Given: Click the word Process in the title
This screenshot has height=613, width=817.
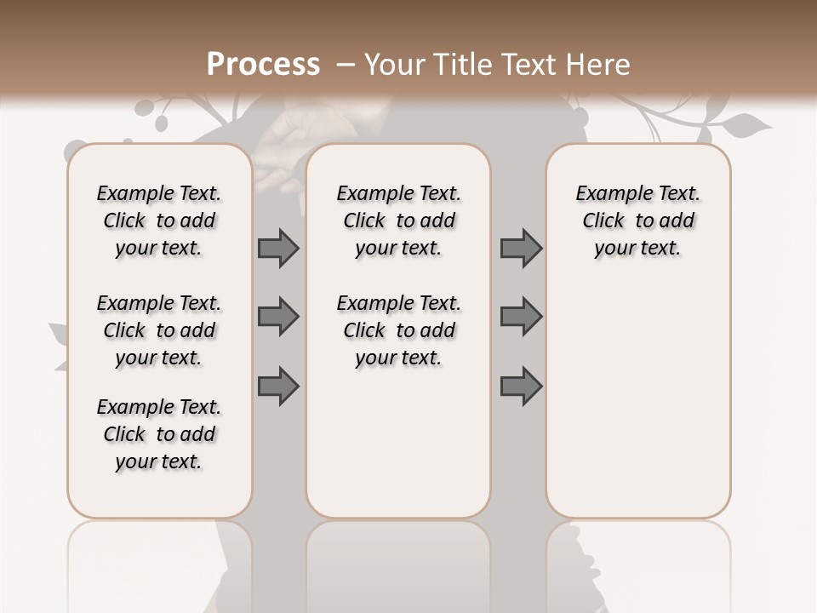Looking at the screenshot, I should (x=263, y=65).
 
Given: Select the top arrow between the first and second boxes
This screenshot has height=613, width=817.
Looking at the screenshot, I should (x=278, y=248).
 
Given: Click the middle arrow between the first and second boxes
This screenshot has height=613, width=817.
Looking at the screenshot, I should (x=278, y=317).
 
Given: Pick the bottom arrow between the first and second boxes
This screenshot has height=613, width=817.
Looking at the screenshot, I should (x=278, y=386).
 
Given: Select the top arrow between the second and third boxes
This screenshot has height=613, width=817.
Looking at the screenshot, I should (x=521, y=248).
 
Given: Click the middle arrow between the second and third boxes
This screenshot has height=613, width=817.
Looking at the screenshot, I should (x=521, y=317).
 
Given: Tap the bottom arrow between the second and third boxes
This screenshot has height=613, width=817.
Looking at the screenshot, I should (x=521, y=386).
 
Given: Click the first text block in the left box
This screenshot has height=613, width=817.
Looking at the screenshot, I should (x=159, y=221).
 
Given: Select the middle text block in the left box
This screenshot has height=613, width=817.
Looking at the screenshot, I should (x=159, y=330).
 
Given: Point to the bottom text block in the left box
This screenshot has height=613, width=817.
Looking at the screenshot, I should (x=159, y=434).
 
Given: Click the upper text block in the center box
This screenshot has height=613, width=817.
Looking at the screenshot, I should (x=399, y=221).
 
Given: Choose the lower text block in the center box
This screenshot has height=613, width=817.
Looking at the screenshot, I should (x=399, y=330).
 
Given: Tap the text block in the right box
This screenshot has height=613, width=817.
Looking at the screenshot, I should (x=638, y=221).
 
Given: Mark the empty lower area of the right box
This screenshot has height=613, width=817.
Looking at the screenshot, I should (x=638, y=400).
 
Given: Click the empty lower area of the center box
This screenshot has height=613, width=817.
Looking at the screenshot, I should (x=399, y=443).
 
